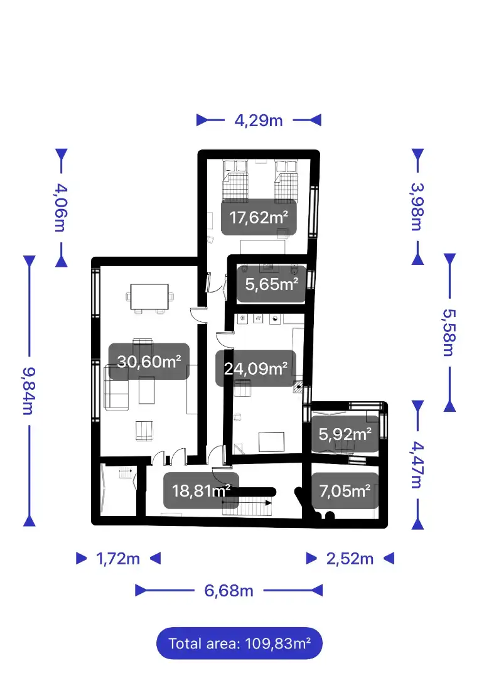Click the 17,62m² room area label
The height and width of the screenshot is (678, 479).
tap(259, 217)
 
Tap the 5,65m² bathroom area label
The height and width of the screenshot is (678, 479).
tap(271, 284)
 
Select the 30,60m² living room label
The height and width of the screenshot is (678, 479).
tap(149, 361)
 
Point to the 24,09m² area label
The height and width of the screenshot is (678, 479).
tap(256, 368)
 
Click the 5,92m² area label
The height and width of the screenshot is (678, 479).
tap(345, 434)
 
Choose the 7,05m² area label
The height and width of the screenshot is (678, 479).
tap(345, 490)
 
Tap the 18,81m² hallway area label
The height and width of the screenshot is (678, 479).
tap(201, 490)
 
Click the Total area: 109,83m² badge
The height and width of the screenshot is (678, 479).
tap(240, 643)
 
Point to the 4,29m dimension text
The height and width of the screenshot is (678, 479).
tap(259, 120)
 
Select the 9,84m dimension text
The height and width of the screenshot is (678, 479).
tap(29, 391)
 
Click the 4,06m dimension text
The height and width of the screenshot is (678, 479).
tap(61, 208)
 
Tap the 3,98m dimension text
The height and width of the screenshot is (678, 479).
tap(417, 207)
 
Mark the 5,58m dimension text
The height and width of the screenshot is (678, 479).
tap(449, 332)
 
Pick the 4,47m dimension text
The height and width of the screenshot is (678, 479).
tap(417, 465)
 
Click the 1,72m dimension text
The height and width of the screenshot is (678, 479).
tap(118, 559)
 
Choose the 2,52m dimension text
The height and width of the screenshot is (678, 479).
tap(350, 559)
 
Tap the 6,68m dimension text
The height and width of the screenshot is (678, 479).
tap(229, 591)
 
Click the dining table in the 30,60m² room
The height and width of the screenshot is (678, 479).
tap(149, 296)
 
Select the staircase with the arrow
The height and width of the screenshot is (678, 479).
tap(247, 505)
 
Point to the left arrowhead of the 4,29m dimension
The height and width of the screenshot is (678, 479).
tap(202, 120)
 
